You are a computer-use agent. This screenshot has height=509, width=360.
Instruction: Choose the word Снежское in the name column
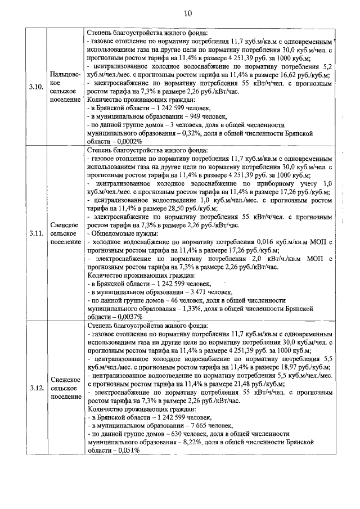pos(65,379)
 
